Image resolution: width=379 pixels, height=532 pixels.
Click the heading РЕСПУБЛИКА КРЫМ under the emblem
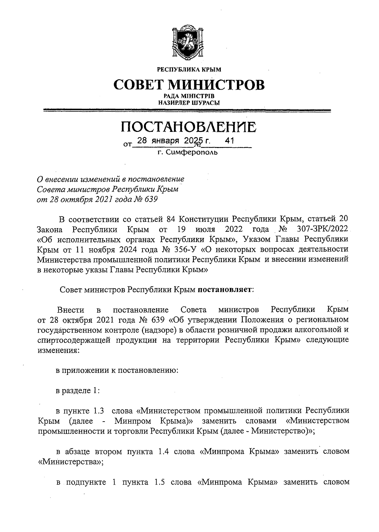coord(189,69)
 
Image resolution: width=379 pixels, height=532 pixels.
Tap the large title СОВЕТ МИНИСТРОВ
coord(189,85)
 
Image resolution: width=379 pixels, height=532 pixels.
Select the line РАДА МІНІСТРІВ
coord(189,96)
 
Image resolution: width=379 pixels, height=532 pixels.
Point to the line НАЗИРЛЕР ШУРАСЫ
coord(189,102)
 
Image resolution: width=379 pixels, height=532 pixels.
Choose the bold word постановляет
coord(225,289)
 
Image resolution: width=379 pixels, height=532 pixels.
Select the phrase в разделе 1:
coord(78,391)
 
